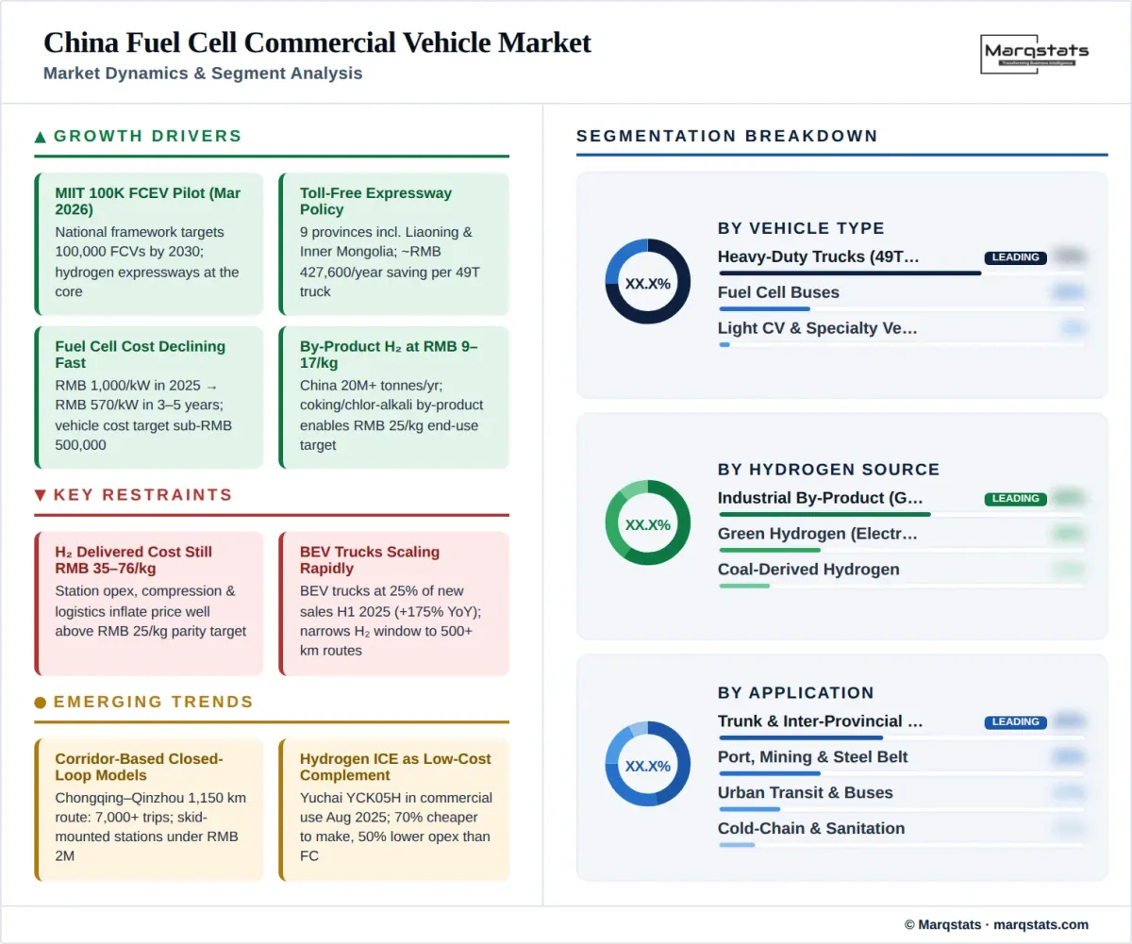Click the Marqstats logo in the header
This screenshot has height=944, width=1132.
1035,53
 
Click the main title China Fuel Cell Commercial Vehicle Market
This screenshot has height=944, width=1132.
317,42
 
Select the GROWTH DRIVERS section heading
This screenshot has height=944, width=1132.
147,136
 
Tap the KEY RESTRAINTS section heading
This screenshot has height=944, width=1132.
142,495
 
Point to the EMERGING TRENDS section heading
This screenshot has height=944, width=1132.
153,702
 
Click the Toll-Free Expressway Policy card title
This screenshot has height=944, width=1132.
375,201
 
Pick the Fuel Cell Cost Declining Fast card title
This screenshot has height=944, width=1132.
140,355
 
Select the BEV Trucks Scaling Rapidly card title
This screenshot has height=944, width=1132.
370,560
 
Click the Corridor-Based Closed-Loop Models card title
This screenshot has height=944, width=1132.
139,767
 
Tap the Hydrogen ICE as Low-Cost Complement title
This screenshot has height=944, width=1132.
395,767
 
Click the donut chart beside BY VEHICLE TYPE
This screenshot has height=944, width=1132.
647,282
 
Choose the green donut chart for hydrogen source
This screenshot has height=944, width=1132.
647,523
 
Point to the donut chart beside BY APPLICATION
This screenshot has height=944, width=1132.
647,765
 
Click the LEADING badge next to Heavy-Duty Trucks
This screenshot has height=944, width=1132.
1015,257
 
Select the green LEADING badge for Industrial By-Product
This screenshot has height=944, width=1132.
1015,499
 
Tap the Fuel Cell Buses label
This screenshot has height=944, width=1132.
778,292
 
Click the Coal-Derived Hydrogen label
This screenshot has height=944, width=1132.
808,570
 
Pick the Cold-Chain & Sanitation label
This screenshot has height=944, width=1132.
811,828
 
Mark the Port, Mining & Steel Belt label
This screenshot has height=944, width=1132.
813,756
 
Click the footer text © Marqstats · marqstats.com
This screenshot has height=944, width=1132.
996,924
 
